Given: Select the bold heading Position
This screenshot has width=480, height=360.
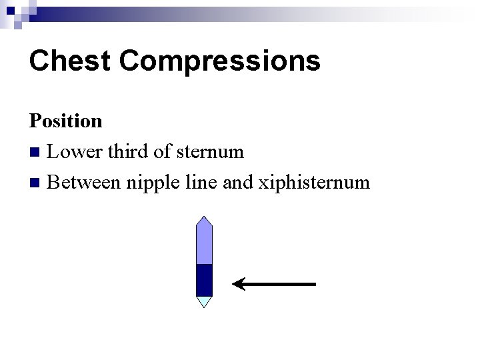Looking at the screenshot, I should [65, 121].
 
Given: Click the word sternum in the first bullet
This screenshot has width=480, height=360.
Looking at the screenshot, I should [210, 152].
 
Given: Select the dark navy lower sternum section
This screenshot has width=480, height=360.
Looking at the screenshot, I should [204, 280].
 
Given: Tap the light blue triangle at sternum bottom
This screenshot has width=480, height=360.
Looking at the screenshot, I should [204, 301].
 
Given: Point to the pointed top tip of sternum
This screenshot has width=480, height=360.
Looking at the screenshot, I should [204, 219].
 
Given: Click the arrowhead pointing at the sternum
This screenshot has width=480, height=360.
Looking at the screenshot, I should [239, 285].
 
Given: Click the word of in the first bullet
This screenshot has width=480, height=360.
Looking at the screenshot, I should [161, 152].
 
